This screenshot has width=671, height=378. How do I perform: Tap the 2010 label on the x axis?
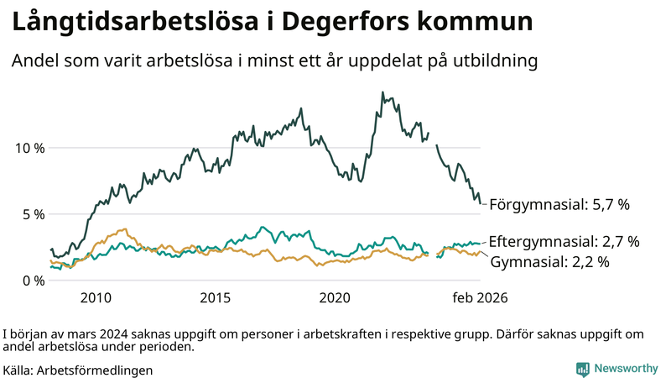(96, 298)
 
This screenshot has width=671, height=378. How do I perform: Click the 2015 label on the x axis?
(216, 298)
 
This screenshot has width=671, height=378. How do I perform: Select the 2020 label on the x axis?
(335, 298)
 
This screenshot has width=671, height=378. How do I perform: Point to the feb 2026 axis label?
(480, 298)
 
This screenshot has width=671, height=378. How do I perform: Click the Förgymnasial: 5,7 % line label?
(559, 204)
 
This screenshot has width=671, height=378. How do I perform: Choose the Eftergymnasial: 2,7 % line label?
(564, 242)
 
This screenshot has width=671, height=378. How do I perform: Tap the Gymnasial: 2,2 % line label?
(549, 262)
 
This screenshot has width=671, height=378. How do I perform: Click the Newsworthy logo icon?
(582, 369)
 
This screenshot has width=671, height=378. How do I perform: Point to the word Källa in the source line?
(18, 370)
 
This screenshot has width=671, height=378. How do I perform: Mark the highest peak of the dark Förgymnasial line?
(382, 92)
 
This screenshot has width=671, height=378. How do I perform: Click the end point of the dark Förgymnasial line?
(481, 202)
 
